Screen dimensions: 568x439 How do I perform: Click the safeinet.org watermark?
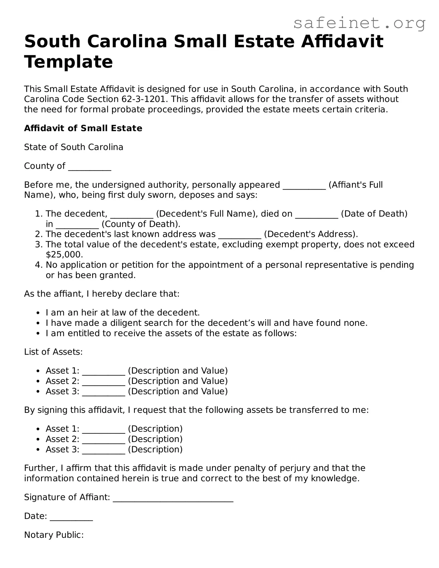coord(359,23)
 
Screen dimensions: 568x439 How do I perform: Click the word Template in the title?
coord(69,62)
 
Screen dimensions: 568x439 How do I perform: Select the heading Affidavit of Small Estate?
coord(83,128)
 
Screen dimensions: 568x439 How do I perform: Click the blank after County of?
coord(90,167)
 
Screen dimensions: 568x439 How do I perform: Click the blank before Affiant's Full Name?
coord(304,186)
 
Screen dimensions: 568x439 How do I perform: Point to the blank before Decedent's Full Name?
coord(132,215)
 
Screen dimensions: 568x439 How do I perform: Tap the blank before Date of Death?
coord(317,215)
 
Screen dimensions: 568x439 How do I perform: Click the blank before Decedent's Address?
coord(240,235)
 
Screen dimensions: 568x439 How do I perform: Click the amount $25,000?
coord(64,254)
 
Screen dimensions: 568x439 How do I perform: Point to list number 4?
coord(39,265)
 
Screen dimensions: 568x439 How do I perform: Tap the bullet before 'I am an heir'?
coord(39,313)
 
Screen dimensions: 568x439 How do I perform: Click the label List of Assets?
coord(53,352)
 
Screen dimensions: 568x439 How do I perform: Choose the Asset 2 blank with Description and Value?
coord(104,382)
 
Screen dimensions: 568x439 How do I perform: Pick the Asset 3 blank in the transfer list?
coord(104,451)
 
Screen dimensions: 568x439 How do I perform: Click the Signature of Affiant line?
coord(173,498)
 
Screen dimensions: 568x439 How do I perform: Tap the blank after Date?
coord(71,517)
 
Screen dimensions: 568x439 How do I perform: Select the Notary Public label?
coord(54,535)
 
